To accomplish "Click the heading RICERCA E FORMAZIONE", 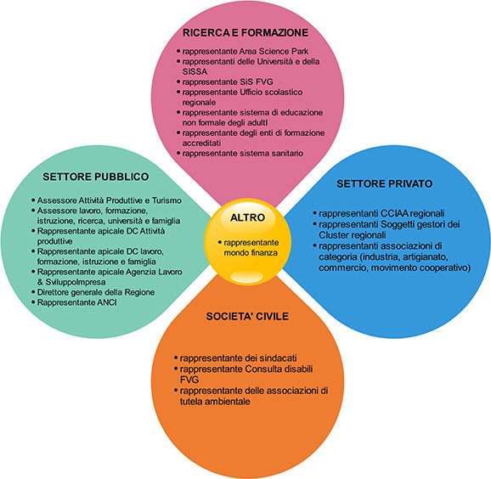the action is click(x=245, y=32).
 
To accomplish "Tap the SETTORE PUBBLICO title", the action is click(x=96, y=177).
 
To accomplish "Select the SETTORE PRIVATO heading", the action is click(x=385, y=183).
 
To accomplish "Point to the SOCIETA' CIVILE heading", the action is click(x=247, y=316).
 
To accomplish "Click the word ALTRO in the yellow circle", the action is click(x=248, y=217).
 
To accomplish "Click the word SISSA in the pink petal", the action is click(x=195, y=71).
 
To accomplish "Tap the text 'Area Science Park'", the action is click(x=274, y=51).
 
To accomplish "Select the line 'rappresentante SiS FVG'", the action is click(x=228, y=82).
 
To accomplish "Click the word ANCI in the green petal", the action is click(x=107, y=302).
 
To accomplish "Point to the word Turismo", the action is click(x=166, y=200).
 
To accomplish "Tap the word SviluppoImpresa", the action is click(x=76, y=282).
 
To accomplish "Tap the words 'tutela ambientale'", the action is click(x=215, y=402).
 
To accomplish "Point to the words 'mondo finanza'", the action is click(x=251, y=252).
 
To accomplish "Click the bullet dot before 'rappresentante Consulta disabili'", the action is click(x=176, y=369).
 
